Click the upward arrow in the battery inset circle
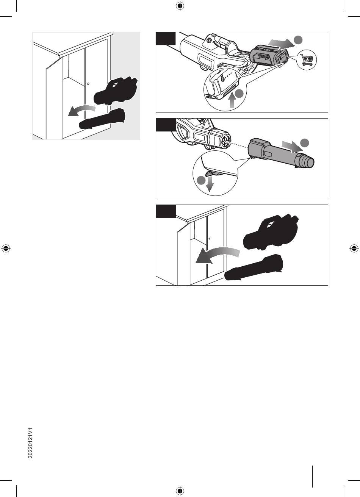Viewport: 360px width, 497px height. (232, 101)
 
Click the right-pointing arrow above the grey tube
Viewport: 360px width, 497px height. (292, 147)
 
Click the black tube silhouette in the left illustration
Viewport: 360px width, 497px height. (102, 119)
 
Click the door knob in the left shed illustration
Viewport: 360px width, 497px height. (88, 84)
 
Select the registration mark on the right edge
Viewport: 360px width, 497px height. (354, 248)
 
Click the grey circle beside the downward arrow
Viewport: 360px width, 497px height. (201, 180)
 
